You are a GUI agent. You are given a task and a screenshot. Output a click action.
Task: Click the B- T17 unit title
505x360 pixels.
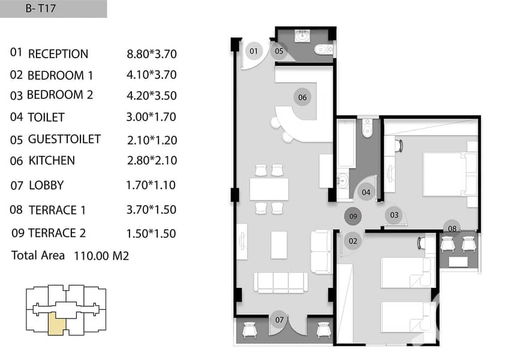41,8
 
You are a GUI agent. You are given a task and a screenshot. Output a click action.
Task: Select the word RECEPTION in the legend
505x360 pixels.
58,54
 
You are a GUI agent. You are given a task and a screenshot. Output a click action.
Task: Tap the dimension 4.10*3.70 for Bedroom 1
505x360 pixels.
151,75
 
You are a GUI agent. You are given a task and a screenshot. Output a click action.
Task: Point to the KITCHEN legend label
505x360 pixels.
52,161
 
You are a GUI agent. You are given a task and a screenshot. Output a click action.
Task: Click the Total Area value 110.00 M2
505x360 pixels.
101,256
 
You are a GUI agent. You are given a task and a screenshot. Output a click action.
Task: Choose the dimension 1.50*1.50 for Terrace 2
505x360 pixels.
151,233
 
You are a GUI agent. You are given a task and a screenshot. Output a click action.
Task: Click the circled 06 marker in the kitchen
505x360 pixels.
302,97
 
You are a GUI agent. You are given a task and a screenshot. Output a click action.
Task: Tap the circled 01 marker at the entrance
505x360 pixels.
254,51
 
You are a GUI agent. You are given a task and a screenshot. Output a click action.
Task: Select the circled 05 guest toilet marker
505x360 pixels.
279,51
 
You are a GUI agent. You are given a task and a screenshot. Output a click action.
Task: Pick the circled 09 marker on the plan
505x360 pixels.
353,216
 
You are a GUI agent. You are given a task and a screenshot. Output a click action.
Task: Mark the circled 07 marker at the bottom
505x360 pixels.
279,320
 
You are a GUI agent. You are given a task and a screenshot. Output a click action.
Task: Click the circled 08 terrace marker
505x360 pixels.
452,228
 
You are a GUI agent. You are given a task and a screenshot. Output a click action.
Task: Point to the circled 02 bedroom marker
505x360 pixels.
353,241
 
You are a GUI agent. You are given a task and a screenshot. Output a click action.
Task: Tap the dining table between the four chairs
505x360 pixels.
269,189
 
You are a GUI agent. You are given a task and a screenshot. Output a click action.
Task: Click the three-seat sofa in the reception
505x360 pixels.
281,283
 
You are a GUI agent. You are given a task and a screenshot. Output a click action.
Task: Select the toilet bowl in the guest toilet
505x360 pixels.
324,50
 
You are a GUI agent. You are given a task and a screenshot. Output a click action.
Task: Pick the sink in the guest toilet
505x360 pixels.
302,36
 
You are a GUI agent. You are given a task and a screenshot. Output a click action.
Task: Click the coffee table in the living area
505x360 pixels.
279,245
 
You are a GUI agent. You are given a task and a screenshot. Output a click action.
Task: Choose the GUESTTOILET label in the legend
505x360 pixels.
64,139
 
